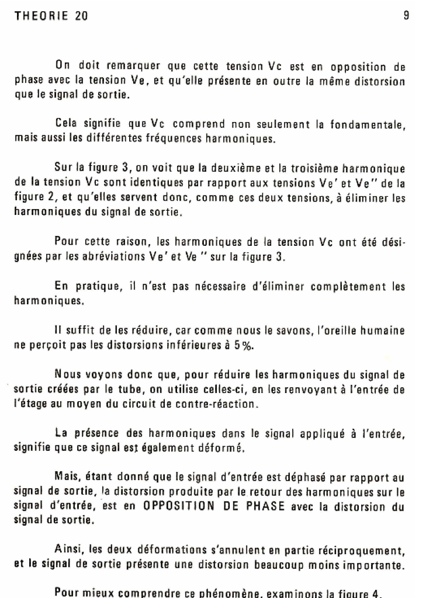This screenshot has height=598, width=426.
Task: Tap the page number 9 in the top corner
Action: point(406,16)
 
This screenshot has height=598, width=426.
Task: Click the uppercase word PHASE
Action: point(261,507)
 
